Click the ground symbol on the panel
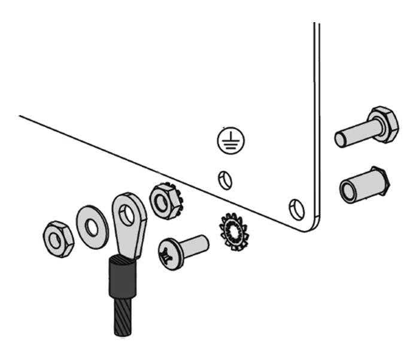[230, 141]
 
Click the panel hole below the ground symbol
[225, 180]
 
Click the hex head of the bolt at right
[383, 125]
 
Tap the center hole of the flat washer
[92, 227]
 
